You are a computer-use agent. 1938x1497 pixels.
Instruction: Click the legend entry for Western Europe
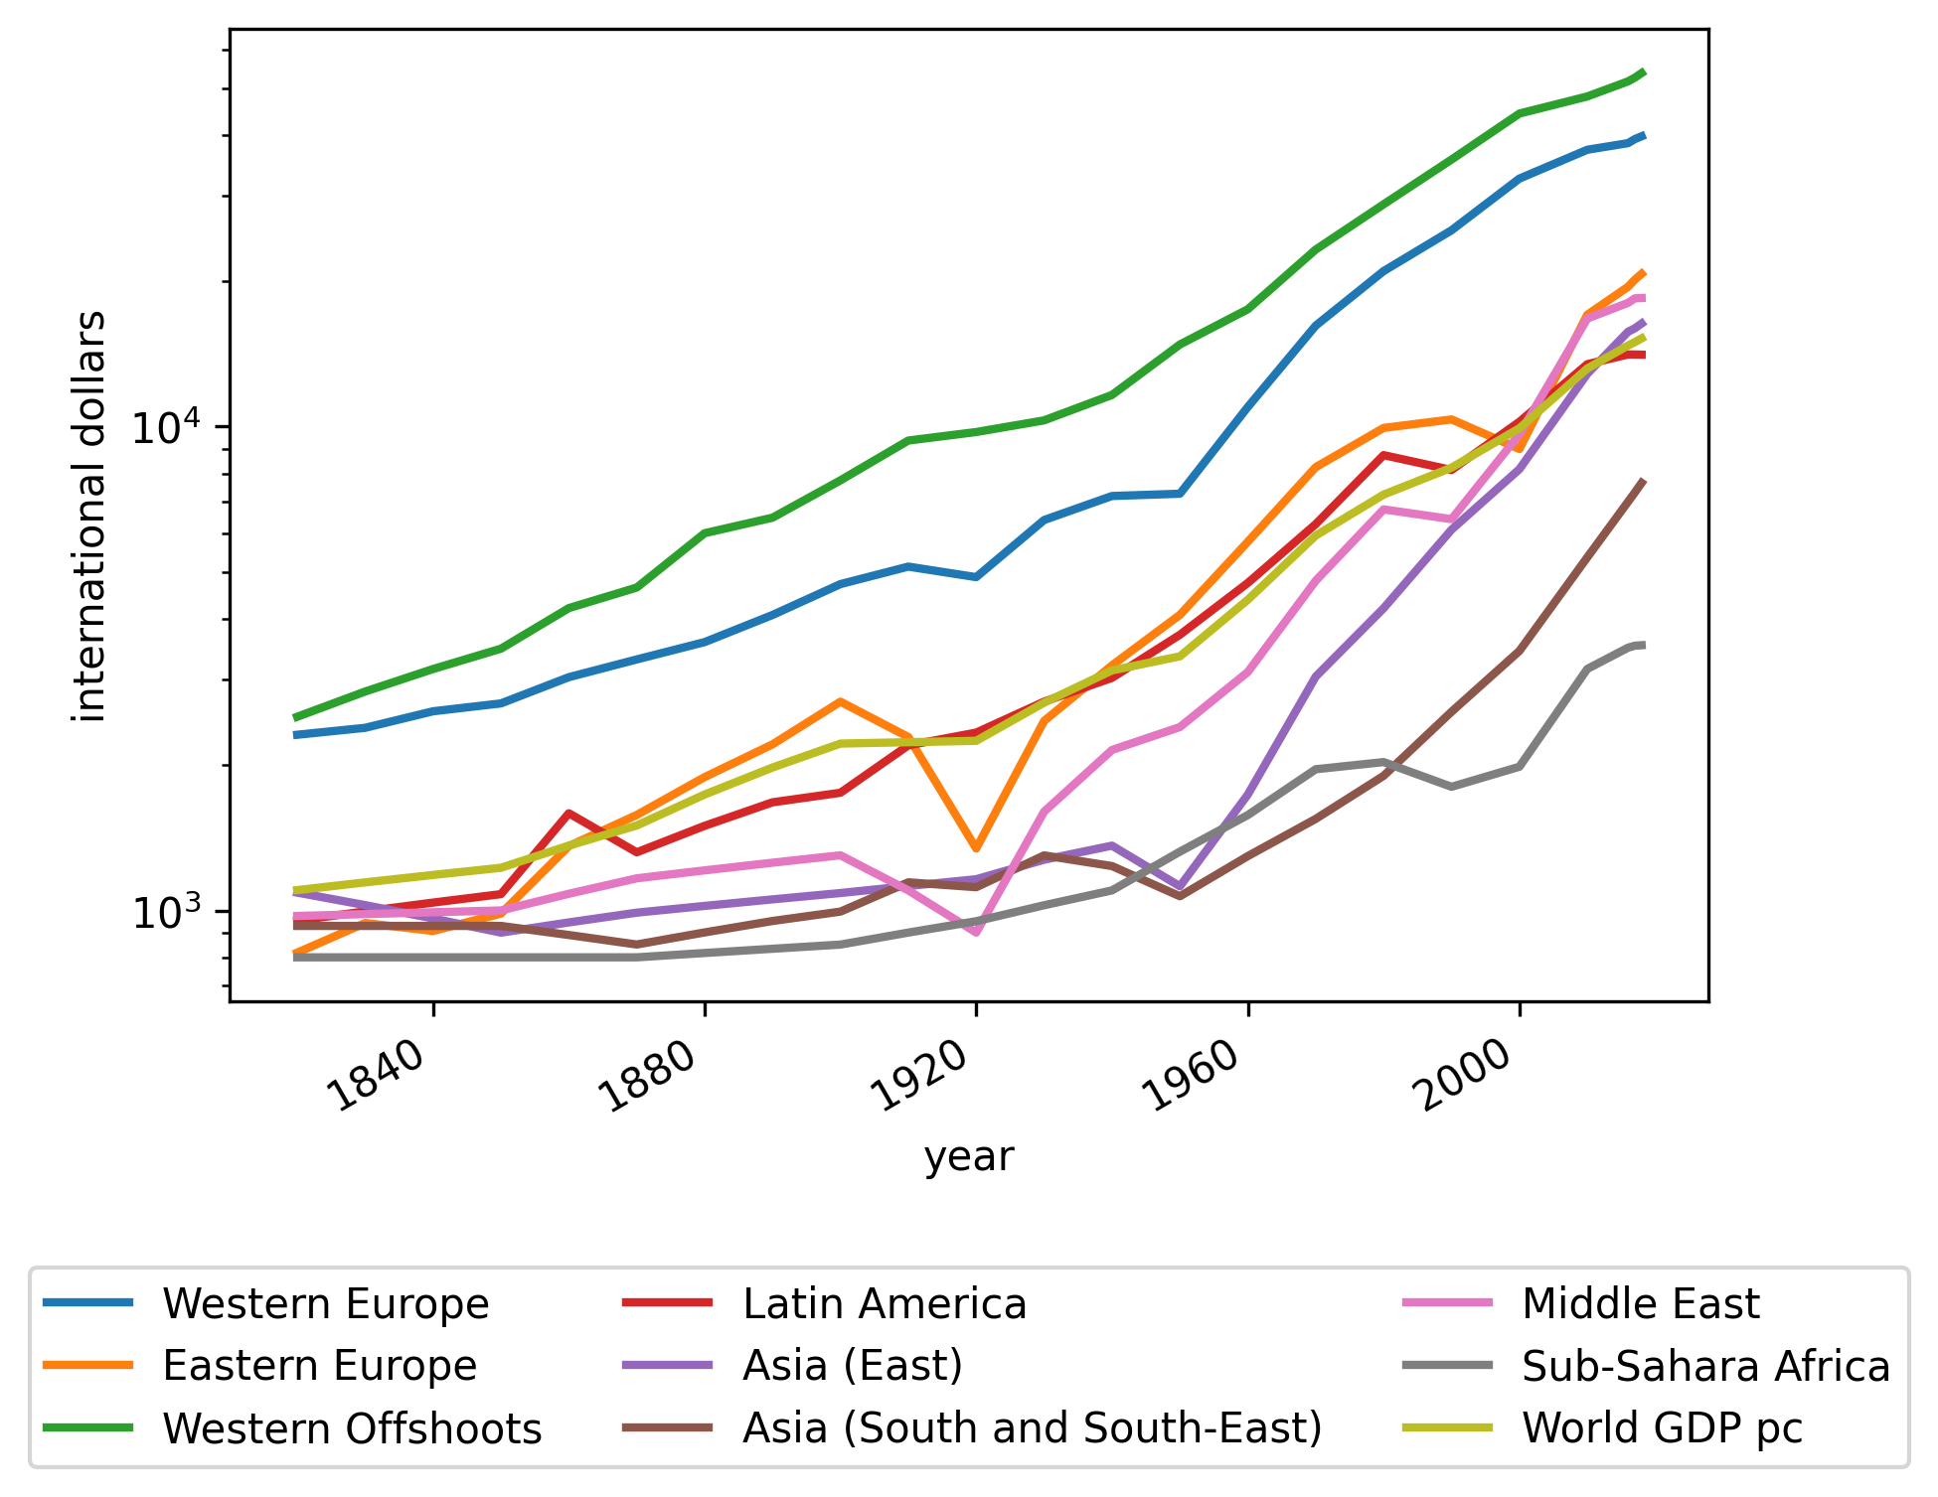click(325, 1304)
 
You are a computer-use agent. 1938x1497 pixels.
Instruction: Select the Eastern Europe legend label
click(319, 1366)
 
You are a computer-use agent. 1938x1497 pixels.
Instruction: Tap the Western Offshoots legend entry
click(352, 1428)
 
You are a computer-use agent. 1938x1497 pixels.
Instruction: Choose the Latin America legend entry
click(884, 1304)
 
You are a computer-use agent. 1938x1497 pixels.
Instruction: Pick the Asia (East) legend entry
click(852, 1366)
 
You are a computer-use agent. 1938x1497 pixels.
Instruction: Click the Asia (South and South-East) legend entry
click(1032, 1428)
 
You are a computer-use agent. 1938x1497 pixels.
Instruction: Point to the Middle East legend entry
click(1640, 1304)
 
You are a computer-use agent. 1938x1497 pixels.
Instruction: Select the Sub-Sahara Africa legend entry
click(1705, 1366)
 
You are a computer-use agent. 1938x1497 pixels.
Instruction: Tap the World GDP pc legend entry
click(1662, 1428)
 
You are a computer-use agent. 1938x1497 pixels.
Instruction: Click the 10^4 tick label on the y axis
click(166, 427)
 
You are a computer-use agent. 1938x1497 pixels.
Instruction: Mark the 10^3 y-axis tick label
click(166, 912)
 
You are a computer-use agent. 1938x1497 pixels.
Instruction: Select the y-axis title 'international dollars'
click(90, 516)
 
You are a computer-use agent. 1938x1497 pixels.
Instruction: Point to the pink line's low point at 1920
click(976, 933)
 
